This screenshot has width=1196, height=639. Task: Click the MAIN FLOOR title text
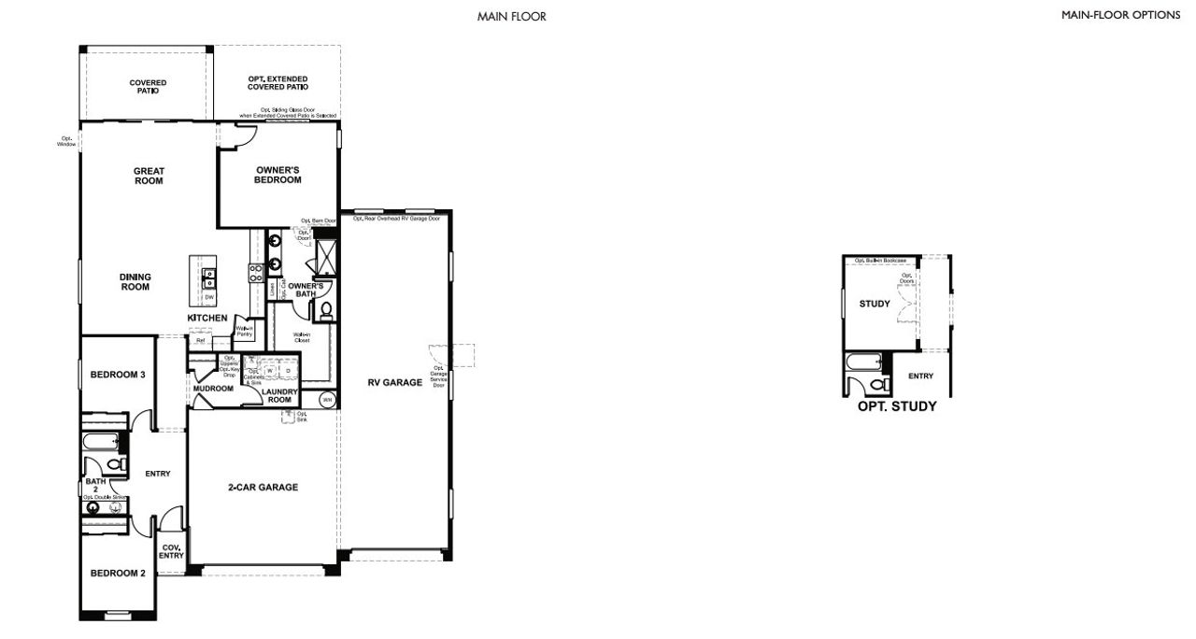coord(511,16)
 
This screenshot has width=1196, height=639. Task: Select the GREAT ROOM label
coord(149,176)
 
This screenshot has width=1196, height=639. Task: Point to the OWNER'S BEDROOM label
coord(278,175)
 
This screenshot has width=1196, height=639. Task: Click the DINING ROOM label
coord(135,282)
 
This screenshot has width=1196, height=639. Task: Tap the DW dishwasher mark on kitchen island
coord(209,297)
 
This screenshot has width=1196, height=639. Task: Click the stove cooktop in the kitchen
coord(254,273)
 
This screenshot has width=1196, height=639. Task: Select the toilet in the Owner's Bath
coord(326,309)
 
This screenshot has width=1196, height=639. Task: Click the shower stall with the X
coord(328,254)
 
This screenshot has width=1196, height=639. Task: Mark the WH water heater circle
coord(326,400)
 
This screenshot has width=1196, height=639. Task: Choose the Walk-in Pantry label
coord(244,331)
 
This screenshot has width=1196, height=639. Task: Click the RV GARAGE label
coord(395,381)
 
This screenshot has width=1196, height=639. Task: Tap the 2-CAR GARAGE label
coord(263,487)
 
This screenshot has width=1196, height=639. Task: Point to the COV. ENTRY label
coord(172,551)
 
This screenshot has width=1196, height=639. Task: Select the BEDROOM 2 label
coord(118,574)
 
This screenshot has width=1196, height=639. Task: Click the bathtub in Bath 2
coord(98,441)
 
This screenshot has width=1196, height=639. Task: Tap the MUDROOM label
coord(213,388)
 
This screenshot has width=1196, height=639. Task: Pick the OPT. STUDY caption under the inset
coord(897,406)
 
